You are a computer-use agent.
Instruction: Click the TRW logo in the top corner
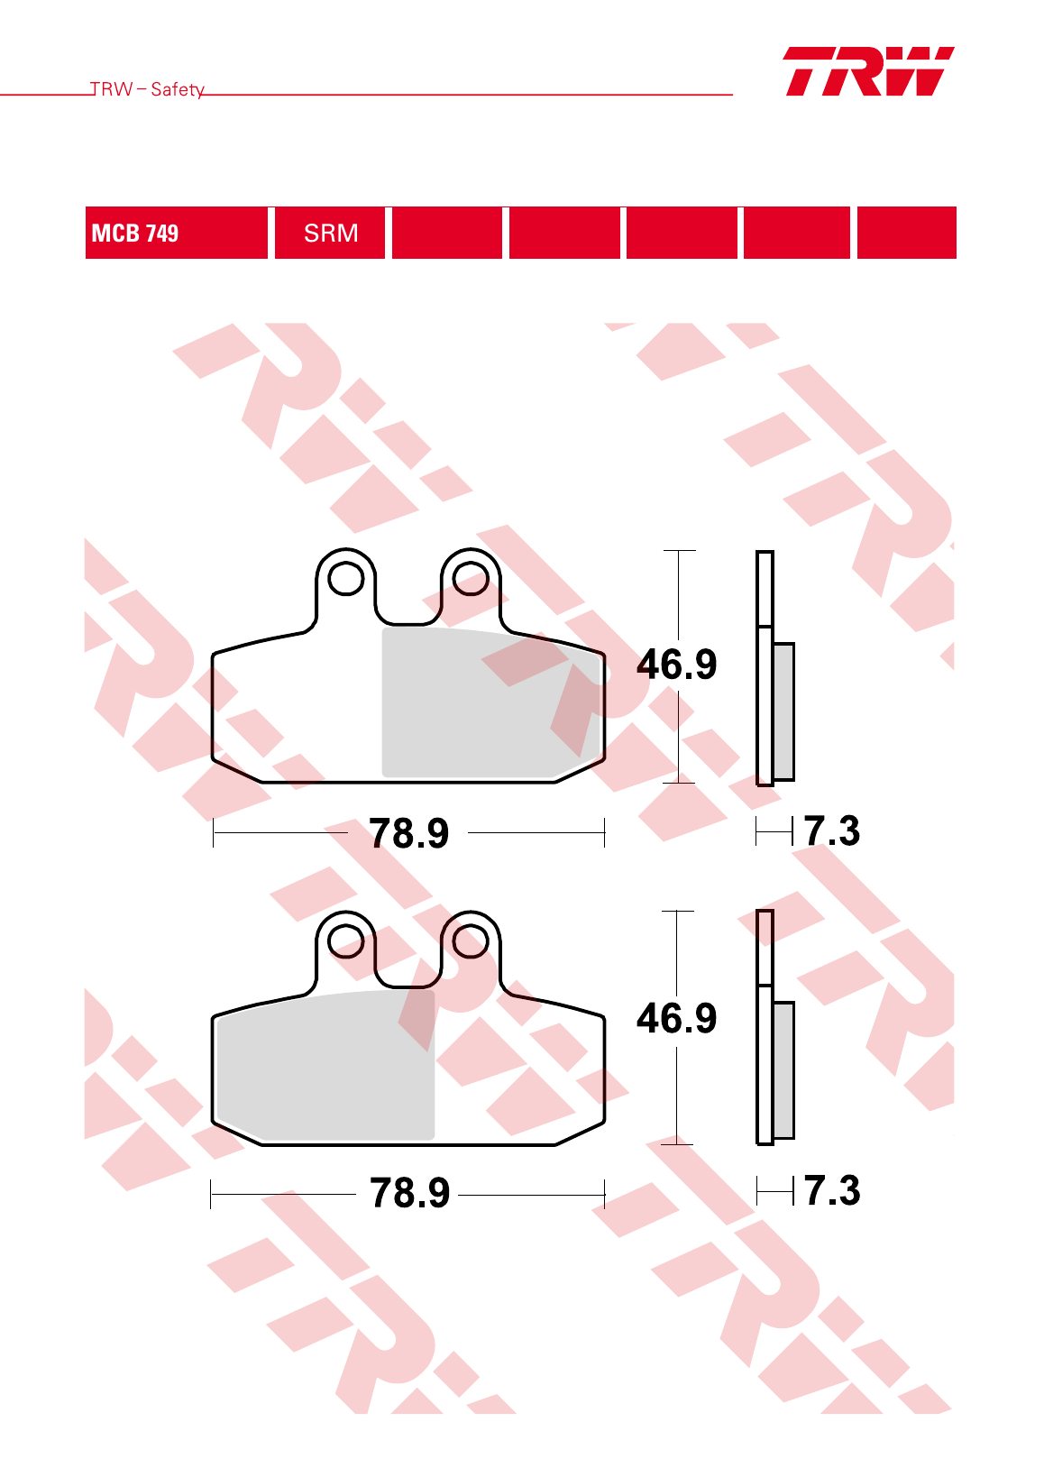[868, 71]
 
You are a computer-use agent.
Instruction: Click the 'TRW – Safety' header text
[147, 89]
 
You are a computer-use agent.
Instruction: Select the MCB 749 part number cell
[177, 233]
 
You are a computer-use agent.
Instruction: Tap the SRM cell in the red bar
[330, 233]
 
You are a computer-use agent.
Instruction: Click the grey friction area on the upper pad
[491, 702]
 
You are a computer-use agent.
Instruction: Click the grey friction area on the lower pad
[325, 1066]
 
